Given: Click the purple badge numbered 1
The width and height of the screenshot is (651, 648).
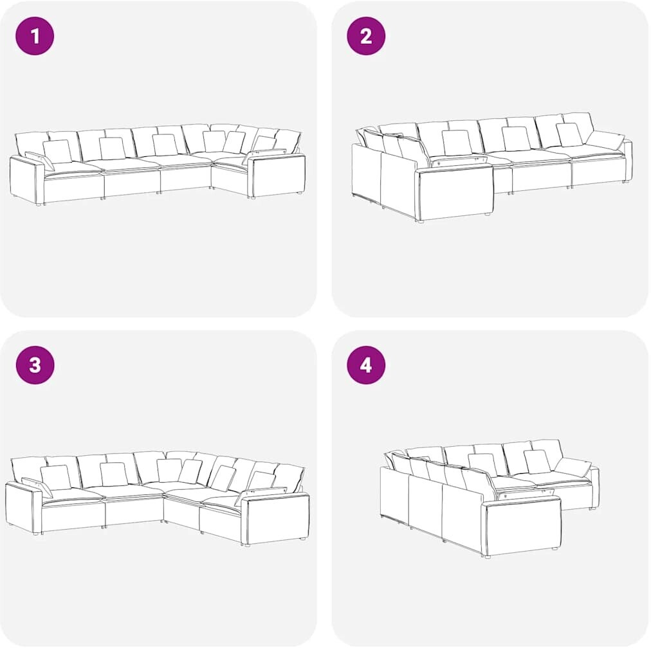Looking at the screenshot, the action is pos(35,35).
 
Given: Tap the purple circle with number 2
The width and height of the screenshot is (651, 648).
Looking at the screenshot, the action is pos(366,35).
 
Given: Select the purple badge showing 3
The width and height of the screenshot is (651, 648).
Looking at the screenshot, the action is pos(35,365).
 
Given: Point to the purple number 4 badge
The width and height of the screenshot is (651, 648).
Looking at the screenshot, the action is pos(366,365).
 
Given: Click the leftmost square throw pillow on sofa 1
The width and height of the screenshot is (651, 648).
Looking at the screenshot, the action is pos(57,152).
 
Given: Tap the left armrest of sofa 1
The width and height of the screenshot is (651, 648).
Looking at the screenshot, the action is pos(26,181).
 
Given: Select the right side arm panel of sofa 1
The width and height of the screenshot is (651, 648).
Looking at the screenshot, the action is pos(278,175).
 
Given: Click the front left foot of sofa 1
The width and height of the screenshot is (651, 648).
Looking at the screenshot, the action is pos(39,204).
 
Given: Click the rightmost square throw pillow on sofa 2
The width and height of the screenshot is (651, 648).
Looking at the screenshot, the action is pos(569,134).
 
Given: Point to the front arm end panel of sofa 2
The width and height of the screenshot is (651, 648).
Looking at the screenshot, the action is pos(456,192).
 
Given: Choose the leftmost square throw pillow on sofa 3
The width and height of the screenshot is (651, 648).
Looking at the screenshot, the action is pos(56,477).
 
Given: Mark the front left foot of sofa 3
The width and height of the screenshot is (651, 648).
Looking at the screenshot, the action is pos(37,534).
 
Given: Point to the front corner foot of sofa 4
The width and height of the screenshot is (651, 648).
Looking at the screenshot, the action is pos(488,557).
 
